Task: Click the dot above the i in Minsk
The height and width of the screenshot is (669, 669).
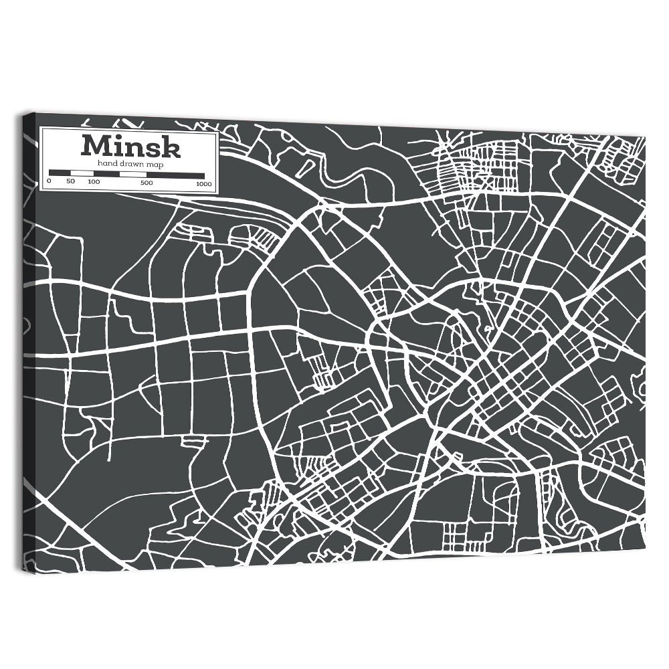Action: point(118,138)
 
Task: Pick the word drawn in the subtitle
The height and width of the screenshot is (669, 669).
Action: point(130,163)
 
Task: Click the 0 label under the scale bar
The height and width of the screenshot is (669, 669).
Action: point(49,181)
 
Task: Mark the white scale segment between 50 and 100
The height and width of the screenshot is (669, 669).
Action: point(82,173)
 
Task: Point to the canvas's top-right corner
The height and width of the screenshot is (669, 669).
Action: point(646,136)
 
